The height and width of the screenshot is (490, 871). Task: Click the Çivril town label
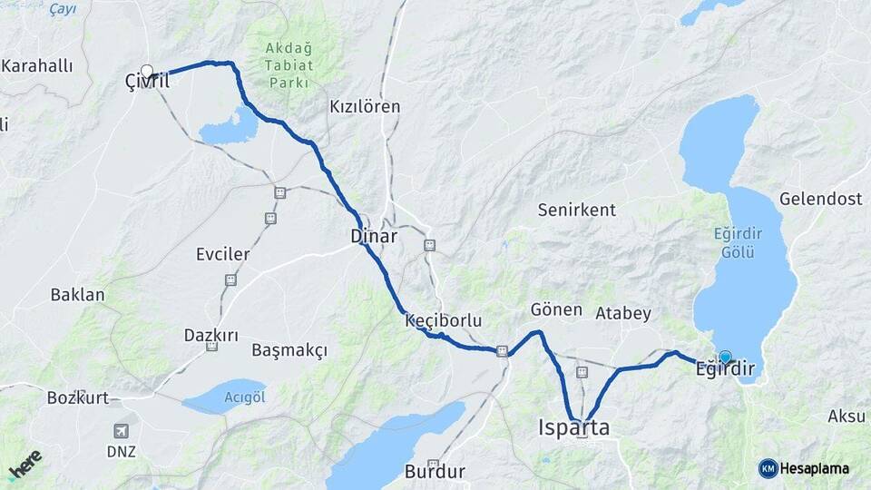(147, 83)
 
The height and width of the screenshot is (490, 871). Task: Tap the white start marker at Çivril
(147, 71)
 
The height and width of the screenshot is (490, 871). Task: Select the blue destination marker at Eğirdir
(725, 358)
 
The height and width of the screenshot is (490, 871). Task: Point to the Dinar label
(374, 237)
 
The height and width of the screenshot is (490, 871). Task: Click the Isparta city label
(573, 427)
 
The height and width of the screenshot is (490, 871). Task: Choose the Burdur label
(435, 472)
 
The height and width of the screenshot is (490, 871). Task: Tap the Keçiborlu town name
(443, 320)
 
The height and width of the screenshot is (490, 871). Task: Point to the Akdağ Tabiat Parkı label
(289, 65)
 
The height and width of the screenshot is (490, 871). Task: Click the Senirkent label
(576, 210)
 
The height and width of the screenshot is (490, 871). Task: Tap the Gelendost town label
(818, 199)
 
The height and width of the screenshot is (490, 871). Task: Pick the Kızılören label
(365, 107)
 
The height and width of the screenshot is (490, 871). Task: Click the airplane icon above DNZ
(121, 431)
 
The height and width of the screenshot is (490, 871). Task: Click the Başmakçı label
(289, 350)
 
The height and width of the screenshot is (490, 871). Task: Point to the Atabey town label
(623, 314)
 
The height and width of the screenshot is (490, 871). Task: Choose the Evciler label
(222, 254)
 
